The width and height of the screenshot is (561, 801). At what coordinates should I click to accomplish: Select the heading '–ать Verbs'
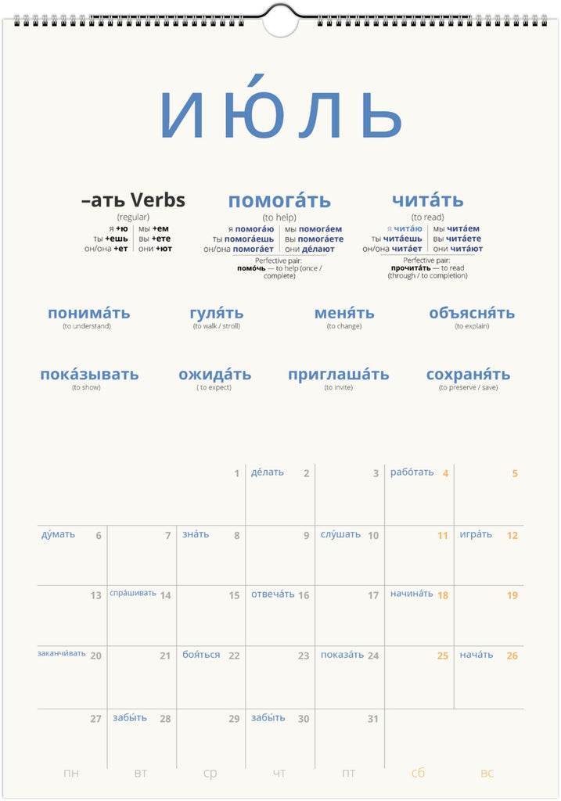(133, 200)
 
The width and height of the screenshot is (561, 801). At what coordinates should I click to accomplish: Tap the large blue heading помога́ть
(279, 201)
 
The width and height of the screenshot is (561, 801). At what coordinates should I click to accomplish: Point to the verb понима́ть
(88, 313)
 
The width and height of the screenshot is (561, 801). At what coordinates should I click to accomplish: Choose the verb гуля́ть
(217, 313)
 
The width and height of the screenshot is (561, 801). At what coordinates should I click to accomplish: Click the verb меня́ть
(344, 313)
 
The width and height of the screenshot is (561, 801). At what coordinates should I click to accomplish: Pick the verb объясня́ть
(472, 313)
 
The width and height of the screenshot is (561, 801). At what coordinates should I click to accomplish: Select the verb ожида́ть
(214, 374)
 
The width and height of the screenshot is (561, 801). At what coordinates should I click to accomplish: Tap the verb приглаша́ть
(338, 374)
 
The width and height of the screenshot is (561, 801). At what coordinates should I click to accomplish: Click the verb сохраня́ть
(468, 374)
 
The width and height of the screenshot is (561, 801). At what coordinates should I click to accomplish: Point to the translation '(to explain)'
(472, 326)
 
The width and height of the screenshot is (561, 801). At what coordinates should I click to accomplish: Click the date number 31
(372, 719)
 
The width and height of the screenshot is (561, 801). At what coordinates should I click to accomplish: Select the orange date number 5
(515, 473)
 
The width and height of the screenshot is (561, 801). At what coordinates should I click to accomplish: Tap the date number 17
(373, 595)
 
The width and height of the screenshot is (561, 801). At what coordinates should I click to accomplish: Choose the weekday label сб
(418, 774)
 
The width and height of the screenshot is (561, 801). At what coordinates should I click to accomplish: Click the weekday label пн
(71, 774)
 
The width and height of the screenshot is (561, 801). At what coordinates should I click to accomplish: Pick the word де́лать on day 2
(268, 472)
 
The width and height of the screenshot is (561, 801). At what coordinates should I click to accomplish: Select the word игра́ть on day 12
(476, 535)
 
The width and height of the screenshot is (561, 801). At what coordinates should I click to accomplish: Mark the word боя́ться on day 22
(201, 655)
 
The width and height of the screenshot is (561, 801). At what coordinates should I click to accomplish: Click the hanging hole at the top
(280, 21)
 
